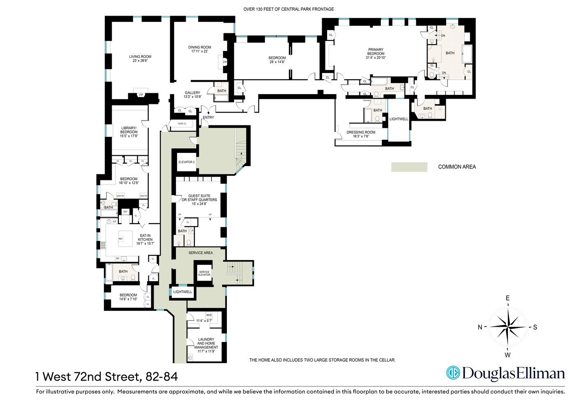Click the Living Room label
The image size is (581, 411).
click(140, 59)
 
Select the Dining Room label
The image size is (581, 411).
click(200, 49)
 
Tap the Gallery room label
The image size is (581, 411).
click(192, 95)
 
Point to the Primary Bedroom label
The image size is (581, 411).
click(376, 53)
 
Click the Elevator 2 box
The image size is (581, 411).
click(187, 162)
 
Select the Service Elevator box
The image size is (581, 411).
click(204, 273)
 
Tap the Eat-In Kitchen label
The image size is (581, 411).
click(145, 240)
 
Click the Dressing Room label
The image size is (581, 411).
click(361, 134)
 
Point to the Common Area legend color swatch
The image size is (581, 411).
click(409, 167)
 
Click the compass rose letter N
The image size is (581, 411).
click(480, 327)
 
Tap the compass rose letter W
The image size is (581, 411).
click(507, 355)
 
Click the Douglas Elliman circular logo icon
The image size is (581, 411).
click(453, 373)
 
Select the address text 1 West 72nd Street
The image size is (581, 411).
click(106, 376)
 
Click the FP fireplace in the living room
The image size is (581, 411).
click(141, 95)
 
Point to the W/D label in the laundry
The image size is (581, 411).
click(209, 315)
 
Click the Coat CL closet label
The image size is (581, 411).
click(182, 124)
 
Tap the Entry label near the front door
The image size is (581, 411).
click(208, 118)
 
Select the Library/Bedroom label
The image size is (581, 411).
click(129, 132)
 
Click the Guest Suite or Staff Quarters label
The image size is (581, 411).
click(199, 200)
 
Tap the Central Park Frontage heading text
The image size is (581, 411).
click(288, 9)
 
